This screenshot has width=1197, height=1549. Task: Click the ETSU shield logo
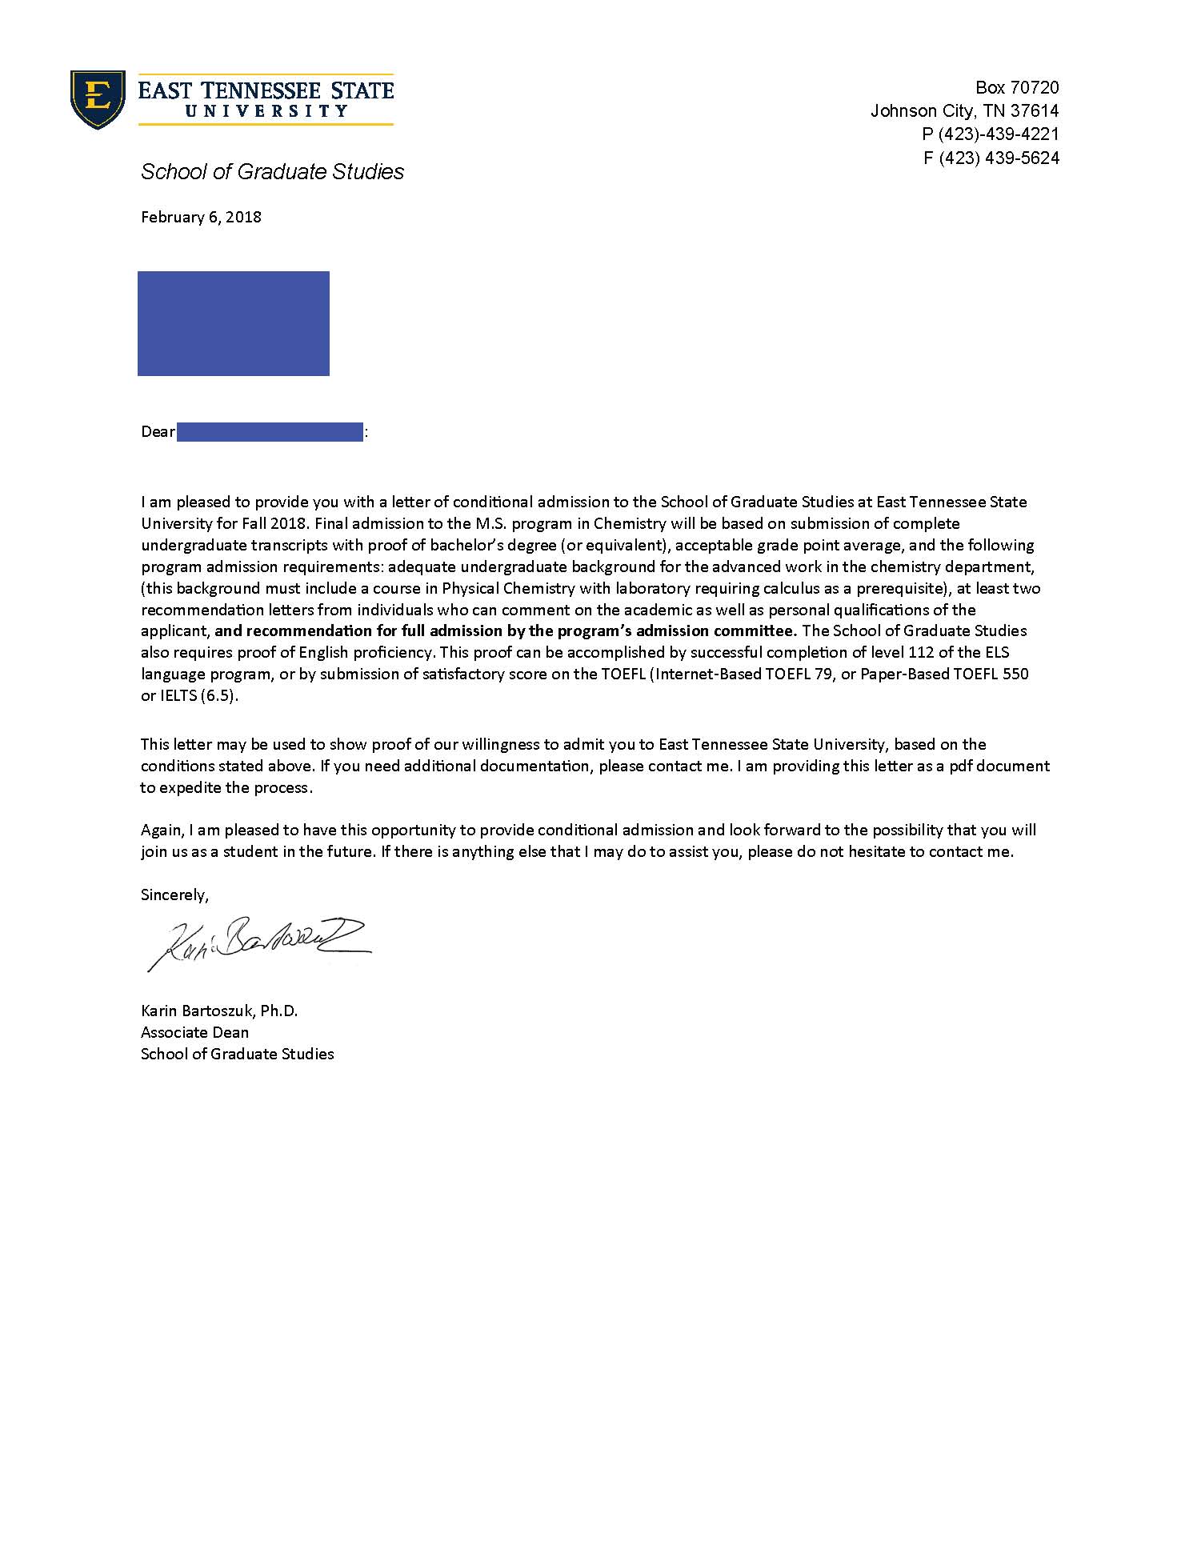pos(98,99)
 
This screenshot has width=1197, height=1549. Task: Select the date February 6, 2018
pos(201,217)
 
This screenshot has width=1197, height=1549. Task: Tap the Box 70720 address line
pos(1017,87)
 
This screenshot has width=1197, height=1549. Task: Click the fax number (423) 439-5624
pos(999,158)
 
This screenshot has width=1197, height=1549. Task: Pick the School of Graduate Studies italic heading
pos(272,171)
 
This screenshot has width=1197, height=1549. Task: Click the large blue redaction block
pos(233,323)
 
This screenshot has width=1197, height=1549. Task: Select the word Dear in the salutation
pos(158,432)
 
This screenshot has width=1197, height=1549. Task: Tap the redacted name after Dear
pos(270,432)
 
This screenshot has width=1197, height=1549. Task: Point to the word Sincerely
pos(174,895)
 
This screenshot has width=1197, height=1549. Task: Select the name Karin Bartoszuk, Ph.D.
pos(219,1011)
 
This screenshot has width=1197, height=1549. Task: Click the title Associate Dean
pos(194,1032)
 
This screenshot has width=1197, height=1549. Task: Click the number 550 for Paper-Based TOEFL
pos(1015,674)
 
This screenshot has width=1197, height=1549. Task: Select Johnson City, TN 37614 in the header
pos(964,110)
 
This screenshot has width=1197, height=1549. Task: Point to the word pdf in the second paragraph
pos(960,766)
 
